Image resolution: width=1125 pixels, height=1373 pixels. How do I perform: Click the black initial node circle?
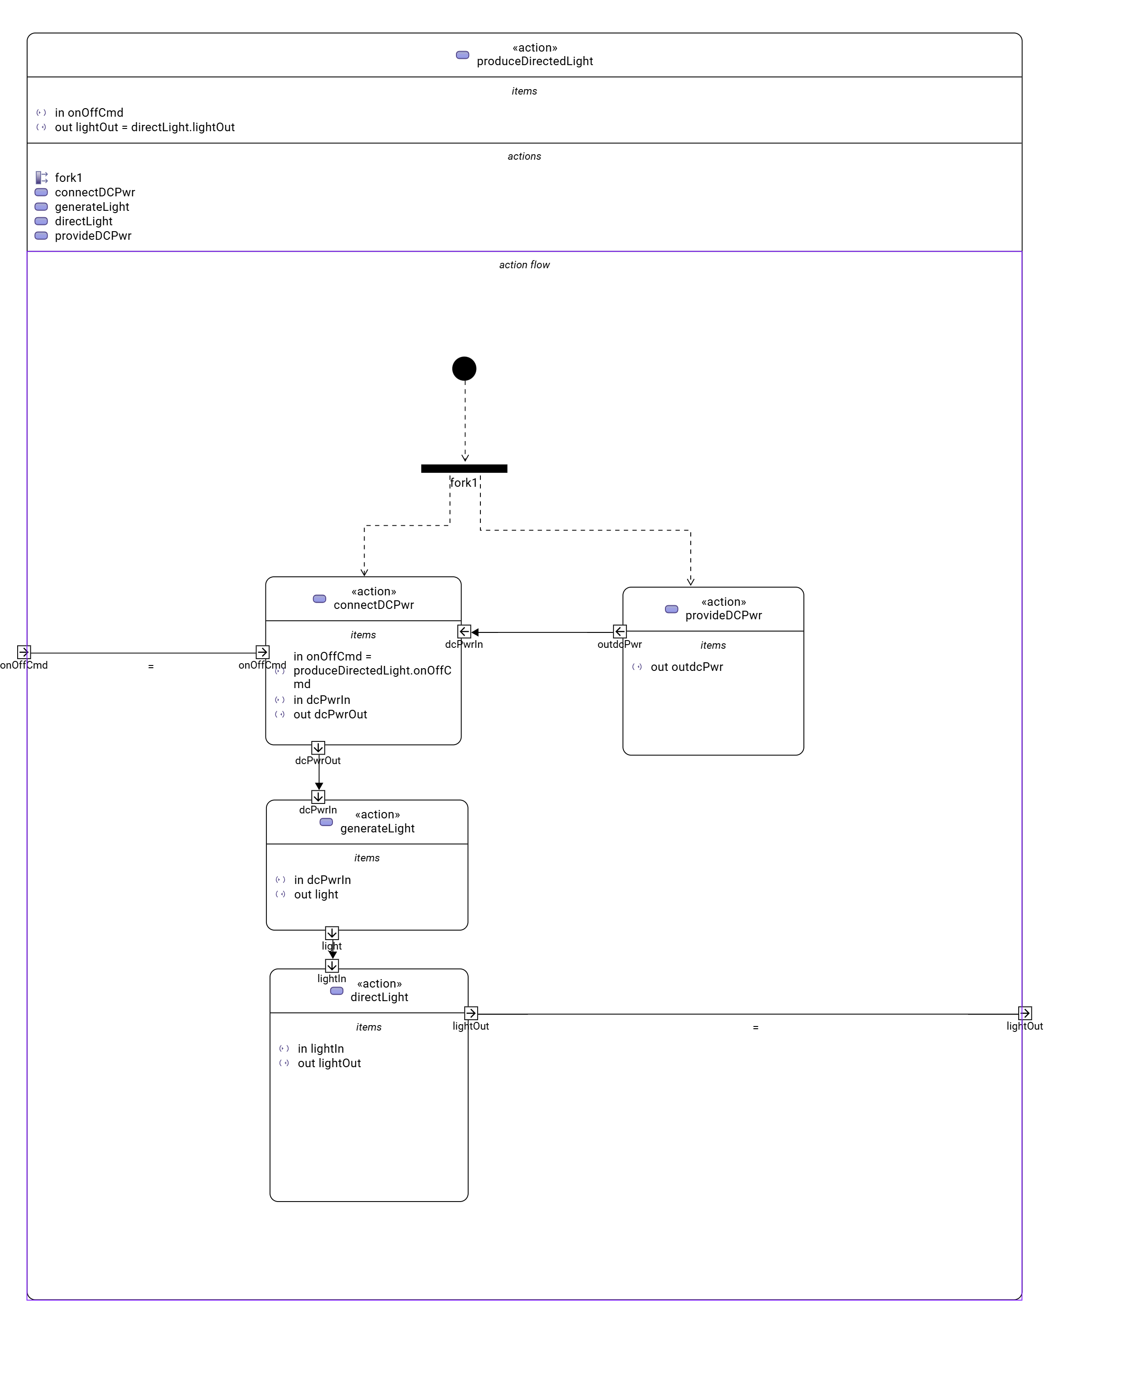464,369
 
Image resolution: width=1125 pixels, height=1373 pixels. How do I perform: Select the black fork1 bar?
464,469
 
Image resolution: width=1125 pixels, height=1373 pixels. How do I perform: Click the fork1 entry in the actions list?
68,177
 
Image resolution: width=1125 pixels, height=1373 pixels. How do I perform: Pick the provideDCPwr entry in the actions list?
93,236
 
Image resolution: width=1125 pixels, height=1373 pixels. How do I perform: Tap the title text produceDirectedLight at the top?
535,62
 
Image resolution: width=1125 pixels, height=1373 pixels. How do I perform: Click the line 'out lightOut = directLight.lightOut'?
144,128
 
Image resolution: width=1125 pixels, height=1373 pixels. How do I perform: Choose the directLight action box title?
379,997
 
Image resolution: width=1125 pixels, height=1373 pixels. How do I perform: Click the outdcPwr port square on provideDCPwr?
620,631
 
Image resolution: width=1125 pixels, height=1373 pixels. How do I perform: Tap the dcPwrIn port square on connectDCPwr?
464,631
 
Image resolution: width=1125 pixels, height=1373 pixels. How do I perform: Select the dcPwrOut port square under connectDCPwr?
318,748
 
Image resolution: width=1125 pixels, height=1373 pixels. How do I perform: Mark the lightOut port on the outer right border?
1025,1013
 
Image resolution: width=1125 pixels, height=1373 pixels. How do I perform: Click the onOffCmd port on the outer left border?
24,652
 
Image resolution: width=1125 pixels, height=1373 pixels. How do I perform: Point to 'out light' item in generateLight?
316,895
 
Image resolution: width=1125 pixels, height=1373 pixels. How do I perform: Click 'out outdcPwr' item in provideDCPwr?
686,667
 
